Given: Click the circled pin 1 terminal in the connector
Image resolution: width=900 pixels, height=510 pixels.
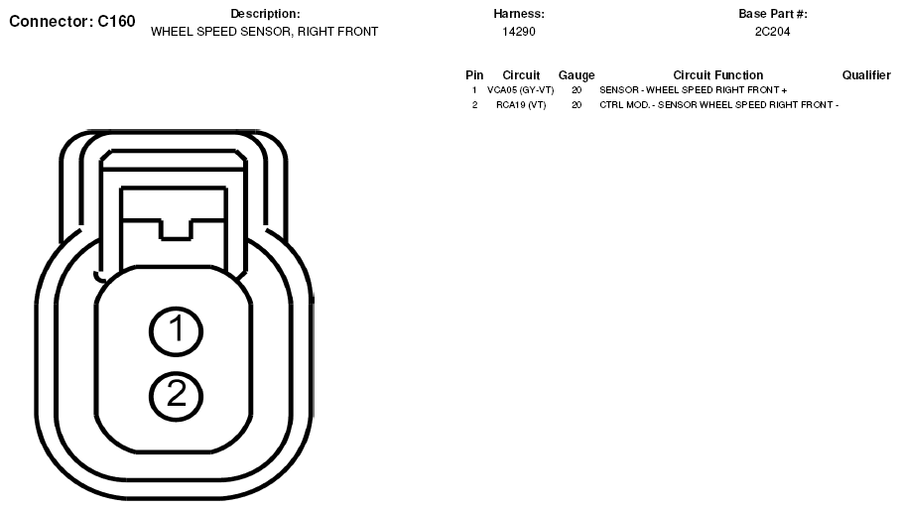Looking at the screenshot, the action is click(176, 331).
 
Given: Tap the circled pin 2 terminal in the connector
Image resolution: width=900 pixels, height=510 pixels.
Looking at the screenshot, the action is click(176, 395).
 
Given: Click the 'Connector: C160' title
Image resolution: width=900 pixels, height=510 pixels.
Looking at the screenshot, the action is click(72, 21).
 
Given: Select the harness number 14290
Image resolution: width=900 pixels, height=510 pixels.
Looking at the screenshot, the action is click(519, 32).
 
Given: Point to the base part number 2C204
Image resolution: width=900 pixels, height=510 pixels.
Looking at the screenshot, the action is click(773, 32).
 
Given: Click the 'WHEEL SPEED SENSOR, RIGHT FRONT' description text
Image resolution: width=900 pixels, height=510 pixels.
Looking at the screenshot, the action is click(265, 32).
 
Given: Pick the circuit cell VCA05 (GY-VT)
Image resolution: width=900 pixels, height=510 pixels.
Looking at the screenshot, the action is click(521, 90).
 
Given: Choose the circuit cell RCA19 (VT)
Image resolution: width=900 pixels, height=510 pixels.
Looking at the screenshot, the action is click(521, 105).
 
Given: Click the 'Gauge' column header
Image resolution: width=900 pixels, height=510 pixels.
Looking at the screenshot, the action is click(577, 75).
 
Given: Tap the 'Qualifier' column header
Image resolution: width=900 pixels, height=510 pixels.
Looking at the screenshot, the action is click(866, 75).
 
